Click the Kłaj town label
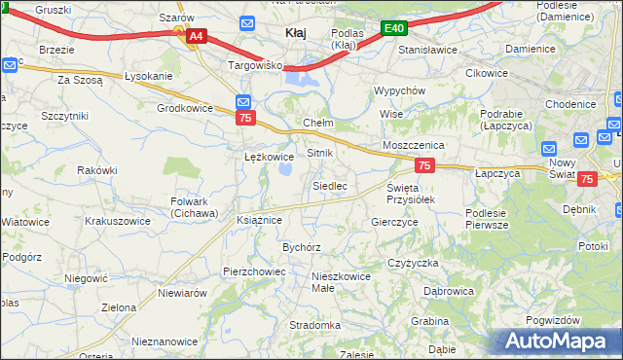coord(296,32)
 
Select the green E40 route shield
coord(393,29)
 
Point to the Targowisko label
coord(254,65)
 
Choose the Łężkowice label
coord(269,156)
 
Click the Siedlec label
coord(330,185)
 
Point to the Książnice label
coord(259,220)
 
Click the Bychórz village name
coord(302,247)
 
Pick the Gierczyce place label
coord(395,222)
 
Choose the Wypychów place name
coord(400,90)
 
